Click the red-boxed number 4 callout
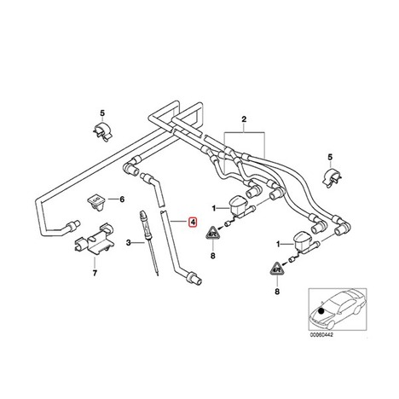193,223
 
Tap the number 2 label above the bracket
244,119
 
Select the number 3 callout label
129,243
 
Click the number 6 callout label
122,199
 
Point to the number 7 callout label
95,273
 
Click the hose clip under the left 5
102,130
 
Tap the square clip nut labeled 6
95,201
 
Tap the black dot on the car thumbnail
321,311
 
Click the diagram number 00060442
321,335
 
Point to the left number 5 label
102,113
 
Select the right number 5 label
330,157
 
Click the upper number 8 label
213,256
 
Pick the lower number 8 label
277,292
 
